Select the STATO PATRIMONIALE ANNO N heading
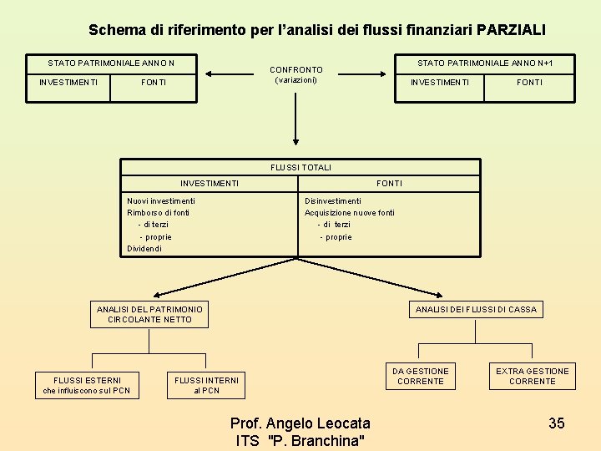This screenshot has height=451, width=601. click(110, 63)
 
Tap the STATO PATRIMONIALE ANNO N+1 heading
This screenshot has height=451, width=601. click(484, 63)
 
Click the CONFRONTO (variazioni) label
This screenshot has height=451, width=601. click(295, 75)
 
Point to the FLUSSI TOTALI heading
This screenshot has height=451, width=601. click(300, 167)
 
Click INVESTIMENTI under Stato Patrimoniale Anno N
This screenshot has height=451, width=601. click(68, 83)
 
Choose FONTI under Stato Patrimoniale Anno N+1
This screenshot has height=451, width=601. click(529, 83)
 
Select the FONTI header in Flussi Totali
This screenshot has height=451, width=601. click(389, 184)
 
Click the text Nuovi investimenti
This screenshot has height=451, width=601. click(161, 201)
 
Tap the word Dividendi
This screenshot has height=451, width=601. click(144, 249)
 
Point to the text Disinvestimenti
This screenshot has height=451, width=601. click(333, 201)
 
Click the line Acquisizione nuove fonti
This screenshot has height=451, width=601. click(350, 213)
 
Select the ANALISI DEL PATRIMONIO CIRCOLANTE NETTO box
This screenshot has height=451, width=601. click(149, 315)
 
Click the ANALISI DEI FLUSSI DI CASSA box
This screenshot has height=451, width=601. click(476, 310)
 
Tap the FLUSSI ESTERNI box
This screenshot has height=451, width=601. click(87, 386)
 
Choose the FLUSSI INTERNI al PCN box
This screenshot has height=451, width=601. click(206, 386)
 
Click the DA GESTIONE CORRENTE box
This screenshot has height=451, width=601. click(421, 377)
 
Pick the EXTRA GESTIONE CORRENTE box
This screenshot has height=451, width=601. click(532, 377)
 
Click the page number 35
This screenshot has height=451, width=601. click(556, 423)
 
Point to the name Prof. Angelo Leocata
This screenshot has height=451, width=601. click(300, 424)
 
